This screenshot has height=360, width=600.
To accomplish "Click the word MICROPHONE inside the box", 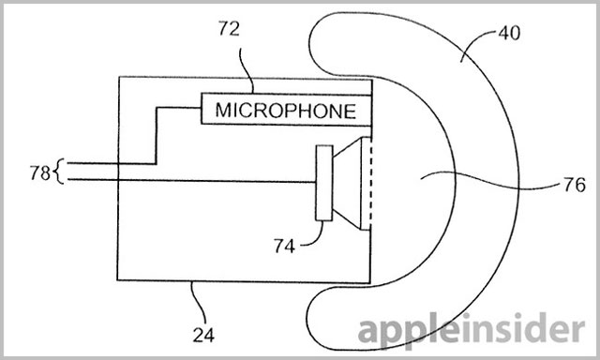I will click(286, 111).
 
